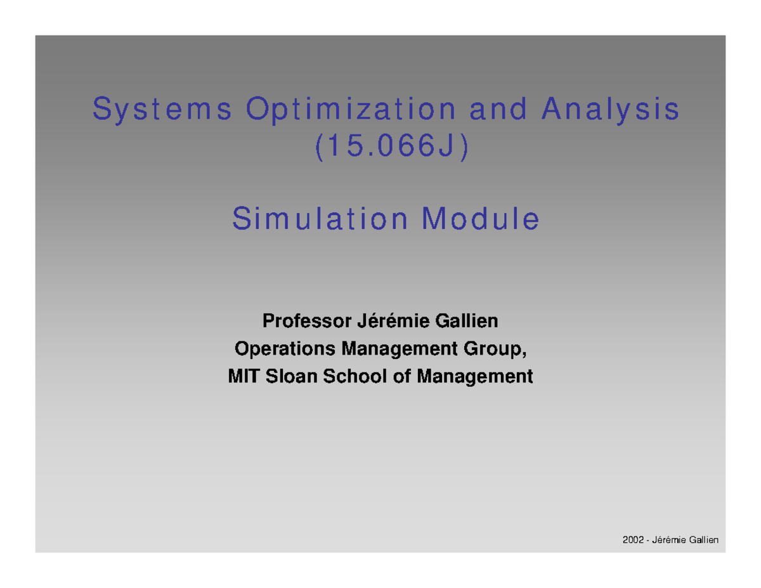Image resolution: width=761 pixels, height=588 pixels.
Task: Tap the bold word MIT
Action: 240,377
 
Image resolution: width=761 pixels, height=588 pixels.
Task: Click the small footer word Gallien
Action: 705,539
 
